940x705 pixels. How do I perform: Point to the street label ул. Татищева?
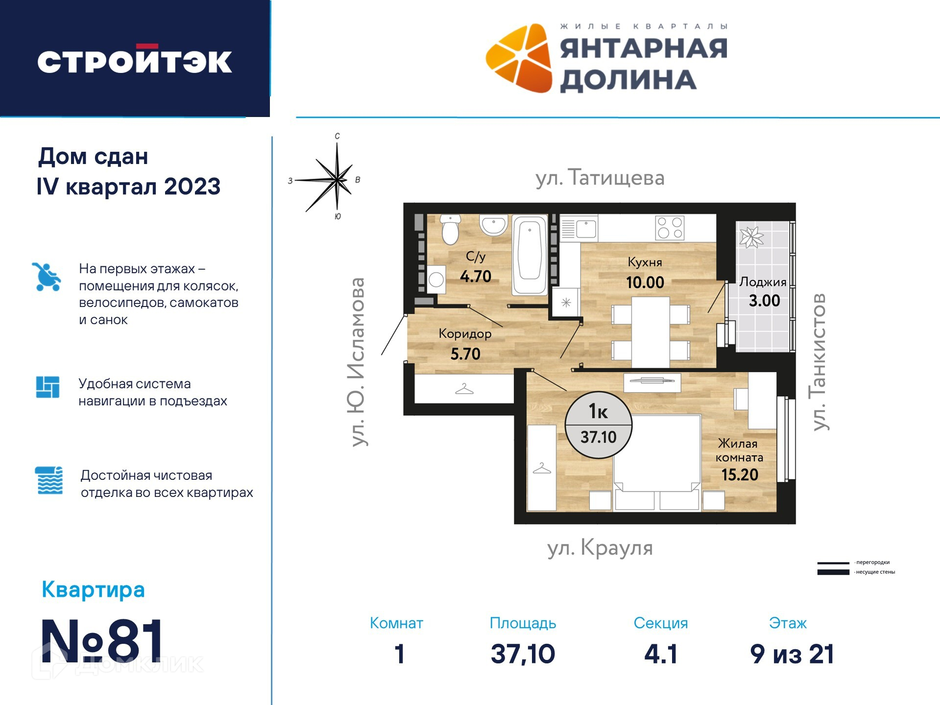pyautogui.click(x=600, y=177)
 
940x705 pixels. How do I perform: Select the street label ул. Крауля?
pyautogui.click(x=600, y=548)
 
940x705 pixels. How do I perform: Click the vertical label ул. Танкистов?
pyautogui.click(x=819, y=362)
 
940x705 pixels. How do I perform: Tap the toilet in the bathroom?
pyautogui.click(x=450, y=229)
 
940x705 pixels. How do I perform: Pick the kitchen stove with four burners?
pyautogui.click(x=670, y=228)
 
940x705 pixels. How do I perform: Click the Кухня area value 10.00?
pyautogui.click(x=645, y=282)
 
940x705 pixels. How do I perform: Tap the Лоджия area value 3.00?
pyautogui.click(x=764, y=301)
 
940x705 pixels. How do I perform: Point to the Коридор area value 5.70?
pyautogui.click(x=465, y=354)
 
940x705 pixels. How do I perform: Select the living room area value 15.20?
pyautogui.click(x=740, y=475)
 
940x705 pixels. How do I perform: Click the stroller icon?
pyautogui.click(x=47, y=277)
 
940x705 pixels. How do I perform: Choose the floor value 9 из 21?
pyautogui.click(x=792, y=654)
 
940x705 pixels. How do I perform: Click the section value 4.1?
pyautogui.click(x=661, y=654)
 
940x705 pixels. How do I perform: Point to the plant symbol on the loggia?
pyautogui.click(x=751, y=237)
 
